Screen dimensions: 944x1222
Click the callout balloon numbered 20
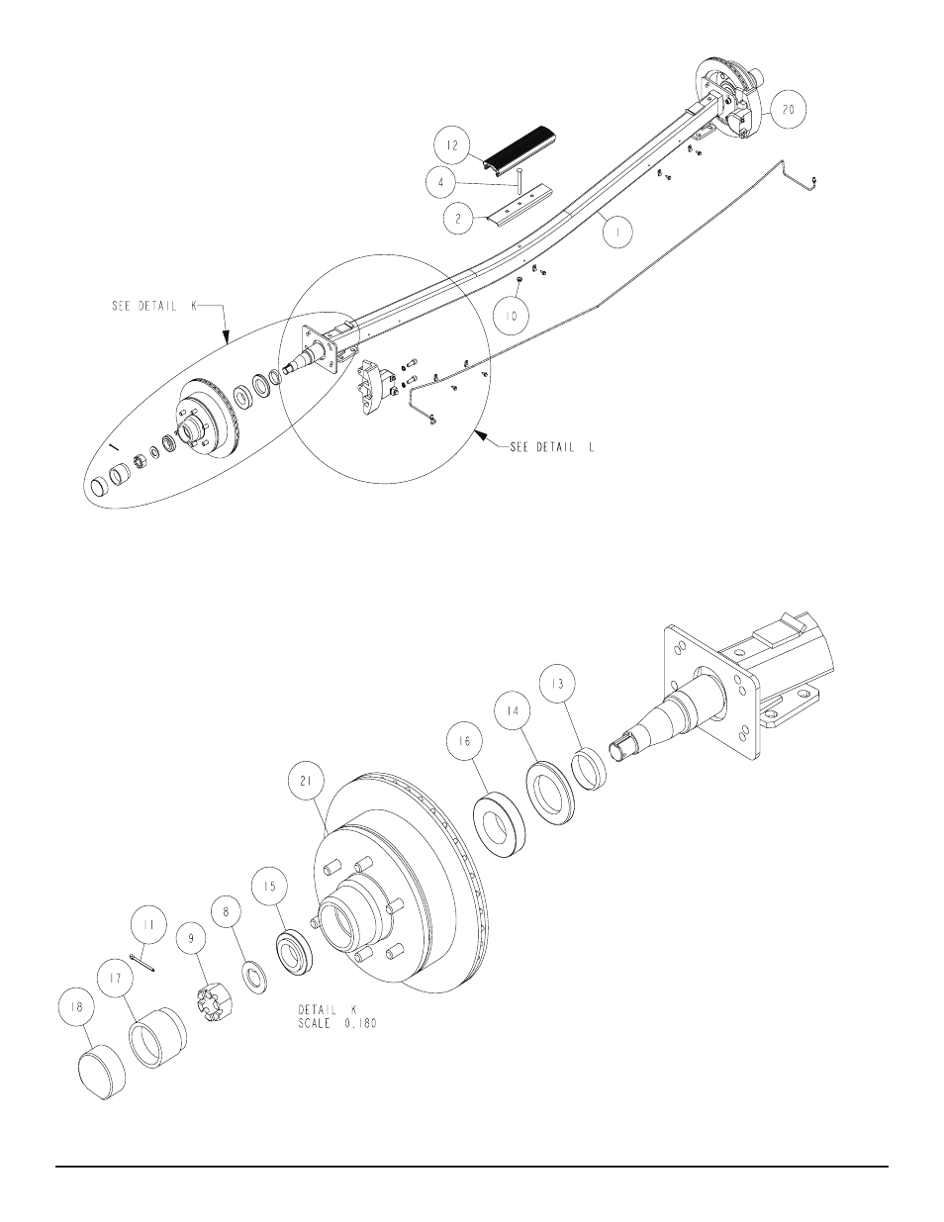pyautogui.click(x=788, y=109)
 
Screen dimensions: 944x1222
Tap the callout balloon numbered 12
pyautogui.click(x=452, y=145)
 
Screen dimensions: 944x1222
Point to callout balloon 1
pyautogui.click(x=617, y=233)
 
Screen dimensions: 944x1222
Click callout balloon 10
pyautogui.click(x=512, y=316)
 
